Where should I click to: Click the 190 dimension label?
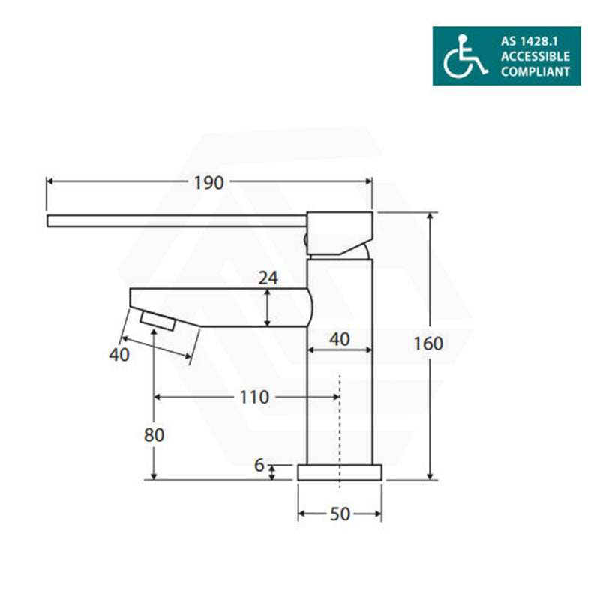click(x=208, y=183)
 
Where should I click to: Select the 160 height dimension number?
click(x=428, y=343)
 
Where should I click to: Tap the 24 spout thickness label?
click(x=268, y=277)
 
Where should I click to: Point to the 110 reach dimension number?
click(x=254, y=397)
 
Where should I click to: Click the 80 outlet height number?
click(x=154, y=435)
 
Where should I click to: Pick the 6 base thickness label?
click(x=259, y=465)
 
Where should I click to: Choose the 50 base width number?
click(x=340, y=514)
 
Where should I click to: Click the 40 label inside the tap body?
click(x=340, y=339)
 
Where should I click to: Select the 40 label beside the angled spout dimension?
click(x=119, y=355)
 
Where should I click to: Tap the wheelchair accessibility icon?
click(x=465, y=56)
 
